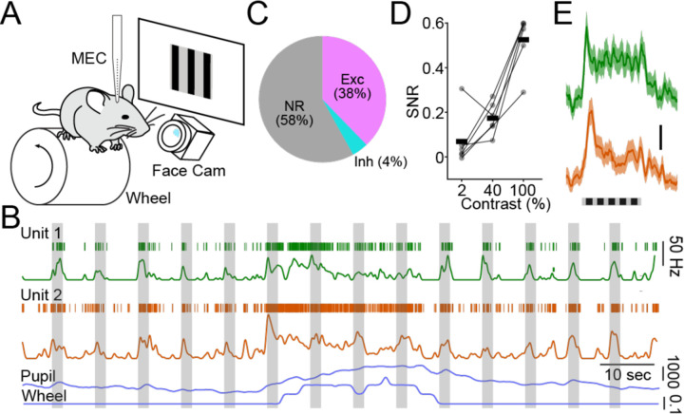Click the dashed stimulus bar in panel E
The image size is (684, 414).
[610, 201]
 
